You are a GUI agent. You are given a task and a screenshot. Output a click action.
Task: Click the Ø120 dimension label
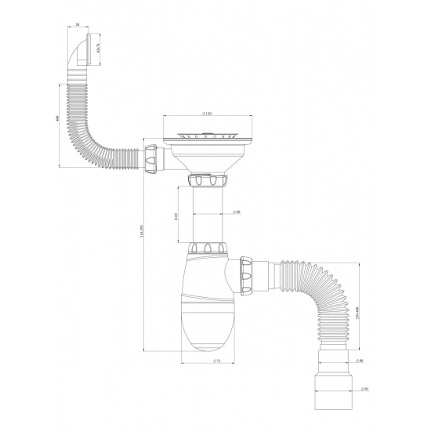(207, 112)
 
